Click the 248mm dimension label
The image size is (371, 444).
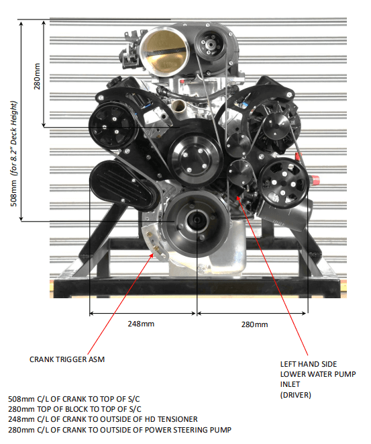tap(141, 324)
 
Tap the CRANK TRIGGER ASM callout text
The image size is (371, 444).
tap(67, 359)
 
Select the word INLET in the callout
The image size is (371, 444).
tap(290, 384)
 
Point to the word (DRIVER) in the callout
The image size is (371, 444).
tap(295, 395)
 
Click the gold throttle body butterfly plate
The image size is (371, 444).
tap(163, 50)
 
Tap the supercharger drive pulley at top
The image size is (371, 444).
tap(210, 44)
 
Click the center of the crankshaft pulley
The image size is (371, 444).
tap(197, 220)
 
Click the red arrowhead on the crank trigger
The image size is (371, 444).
tap(152, 255)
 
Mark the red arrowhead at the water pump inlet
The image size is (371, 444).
tap(239, 197)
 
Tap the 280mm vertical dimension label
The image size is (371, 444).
tap(37, 76)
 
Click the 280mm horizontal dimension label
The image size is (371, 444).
tap(254, 324)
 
